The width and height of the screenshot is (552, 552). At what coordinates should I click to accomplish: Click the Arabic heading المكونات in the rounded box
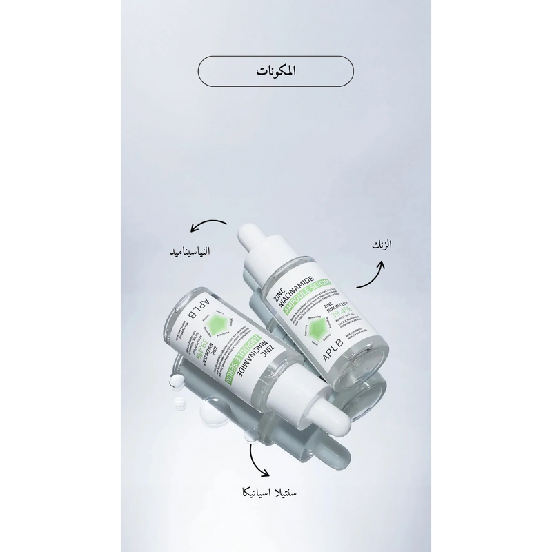click(275, 70)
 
